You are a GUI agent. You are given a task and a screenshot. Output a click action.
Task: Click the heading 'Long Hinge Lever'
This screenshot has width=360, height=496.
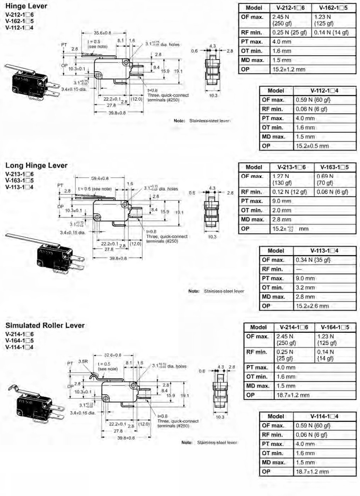36,166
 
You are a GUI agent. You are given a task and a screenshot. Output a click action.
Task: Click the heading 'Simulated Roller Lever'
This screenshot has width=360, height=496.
45,325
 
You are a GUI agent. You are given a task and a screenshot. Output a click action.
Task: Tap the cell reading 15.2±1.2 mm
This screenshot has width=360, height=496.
289,70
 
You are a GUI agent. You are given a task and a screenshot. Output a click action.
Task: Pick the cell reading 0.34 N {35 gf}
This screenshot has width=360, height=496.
313,260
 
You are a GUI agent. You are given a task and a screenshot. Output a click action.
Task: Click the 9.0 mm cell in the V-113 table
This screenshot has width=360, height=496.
305,279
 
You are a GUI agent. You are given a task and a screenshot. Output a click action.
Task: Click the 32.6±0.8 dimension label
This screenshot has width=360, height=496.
113,355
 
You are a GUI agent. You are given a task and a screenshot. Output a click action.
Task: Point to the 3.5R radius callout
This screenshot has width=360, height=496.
83,361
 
